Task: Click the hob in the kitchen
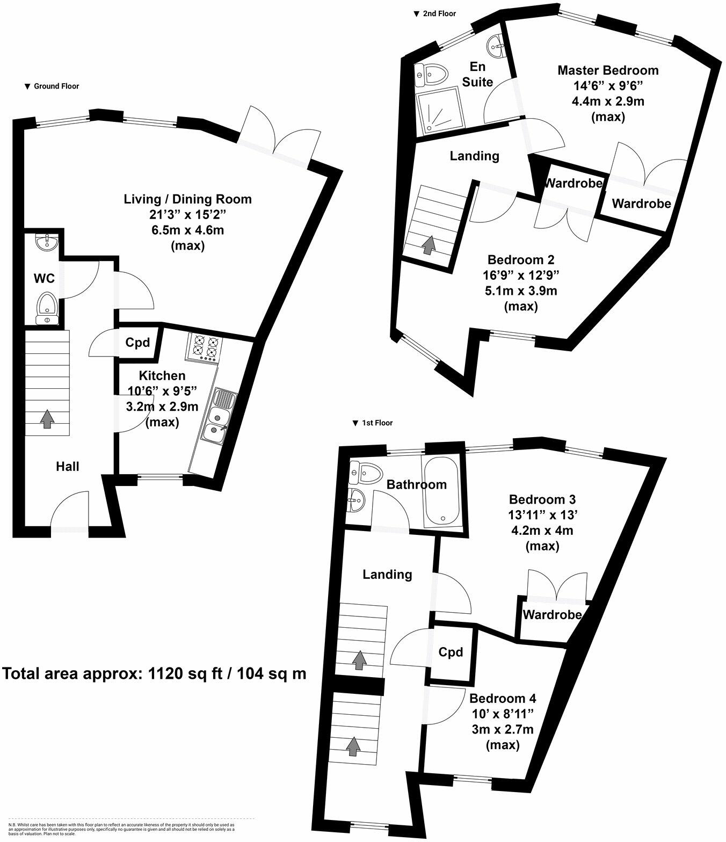click(x=204, y=347)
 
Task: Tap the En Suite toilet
click(x=431, y=74)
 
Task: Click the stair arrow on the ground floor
click(x=47, y=419)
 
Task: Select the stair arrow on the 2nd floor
click(x=428, y=245)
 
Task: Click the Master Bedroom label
click(x=608, y=70)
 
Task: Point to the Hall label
click(x=68, y=467)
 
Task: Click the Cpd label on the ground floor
click(x=137, y=343)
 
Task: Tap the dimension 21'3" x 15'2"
click(x=188, y=215)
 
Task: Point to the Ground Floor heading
click(x=52, y=86)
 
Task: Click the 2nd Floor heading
click(x=435, y=13)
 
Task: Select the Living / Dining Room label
click(x=188, y=199)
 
